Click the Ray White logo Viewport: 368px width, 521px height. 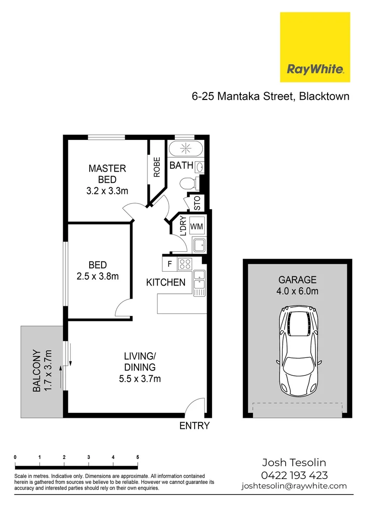coord(315,47)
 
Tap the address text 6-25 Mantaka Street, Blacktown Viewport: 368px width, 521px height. coord(270,96)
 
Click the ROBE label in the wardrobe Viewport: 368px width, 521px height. coord(157,167)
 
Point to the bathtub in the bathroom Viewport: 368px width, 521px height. coord(186,149)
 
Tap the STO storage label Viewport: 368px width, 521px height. coord(197,203)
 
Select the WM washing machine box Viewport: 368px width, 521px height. coord(197,226)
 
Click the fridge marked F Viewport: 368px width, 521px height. coord(170,264)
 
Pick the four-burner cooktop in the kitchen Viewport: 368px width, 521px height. coord(184,264)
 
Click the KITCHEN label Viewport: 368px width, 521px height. coord(166,283)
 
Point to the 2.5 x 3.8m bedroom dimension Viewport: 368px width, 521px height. coord(98,276)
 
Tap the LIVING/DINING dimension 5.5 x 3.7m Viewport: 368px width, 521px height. coord(140,379)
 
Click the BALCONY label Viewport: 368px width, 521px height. coord(36,370)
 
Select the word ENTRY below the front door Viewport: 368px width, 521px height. coord(195,425)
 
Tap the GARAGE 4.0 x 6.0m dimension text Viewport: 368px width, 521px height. coord(297,291)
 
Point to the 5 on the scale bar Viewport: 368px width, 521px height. coord(138,457)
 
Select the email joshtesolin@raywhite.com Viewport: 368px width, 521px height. coord(294,486)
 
